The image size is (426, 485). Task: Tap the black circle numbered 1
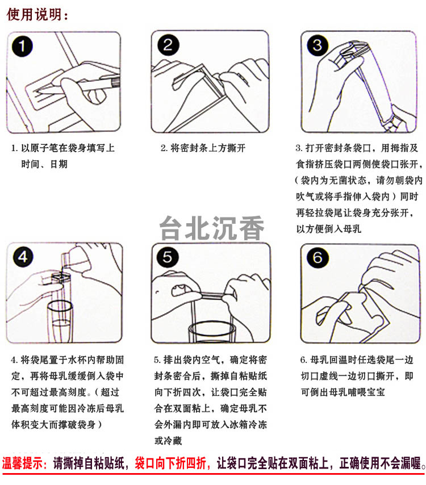point(22,47)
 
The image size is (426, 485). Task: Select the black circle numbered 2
point(168,45)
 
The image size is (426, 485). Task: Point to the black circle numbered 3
point(318,45)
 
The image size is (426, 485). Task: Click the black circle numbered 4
point(23,257)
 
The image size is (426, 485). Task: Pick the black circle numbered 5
point(168,257)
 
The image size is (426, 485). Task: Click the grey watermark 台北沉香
point(212,228)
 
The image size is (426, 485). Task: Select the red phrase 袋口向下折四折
point(170,463)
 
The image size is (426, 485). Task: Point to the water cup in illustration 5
point(212,331)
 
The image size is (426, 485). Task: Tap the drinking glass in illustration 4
point(60,321)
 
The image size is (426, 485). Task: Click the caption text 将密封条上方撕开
point(208,148)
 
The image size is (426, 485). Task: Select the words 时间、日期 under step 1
point(44,164)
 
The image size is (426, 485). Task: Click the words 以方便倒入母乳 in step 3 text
point(328,229)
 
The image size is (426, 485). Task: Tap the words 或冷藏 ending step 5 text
point(168,441)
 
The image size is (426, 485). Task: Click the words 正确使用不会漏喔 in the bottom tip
point(381,463)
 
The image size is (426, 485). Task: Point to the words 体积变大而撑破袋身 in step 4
point(53,424)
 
